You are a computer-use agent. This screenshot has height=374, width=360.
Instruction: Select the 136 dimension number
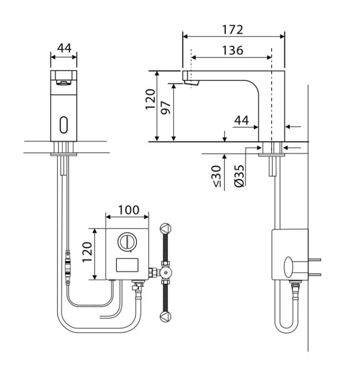(232, 51)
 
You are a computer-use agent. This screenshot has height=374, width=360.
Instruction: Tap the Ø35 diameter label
(239, 175)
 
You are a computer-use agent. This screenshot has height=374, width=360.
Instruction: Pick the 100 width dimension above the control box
(128, 211)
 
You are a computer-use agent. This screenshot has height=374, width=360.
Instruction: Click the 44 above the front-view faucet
(64, 48)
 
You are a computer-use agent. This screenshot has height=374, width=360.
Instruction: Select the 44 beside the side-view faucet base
(241, 121)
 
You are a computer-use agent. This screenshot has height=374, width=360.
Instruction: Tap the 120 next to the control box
(87, 252)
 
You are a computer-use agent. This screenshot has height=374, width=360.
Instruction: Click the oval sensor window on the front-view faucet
(64, 125)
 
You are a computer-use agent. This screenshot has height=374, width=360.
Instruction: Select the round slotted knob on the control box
(126, 242)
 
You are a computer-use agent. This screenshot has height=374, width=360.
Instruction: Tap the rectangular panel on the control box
(127, 266)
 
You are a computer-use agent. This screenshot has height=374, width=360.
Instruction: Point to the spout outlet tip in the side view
(193, 84)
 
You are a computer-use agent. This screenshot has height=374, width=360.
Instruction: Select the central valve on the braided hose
(166, 272)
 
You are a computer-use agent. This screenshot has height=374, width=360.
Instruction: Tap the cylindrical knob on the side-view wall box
(290, 267)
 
